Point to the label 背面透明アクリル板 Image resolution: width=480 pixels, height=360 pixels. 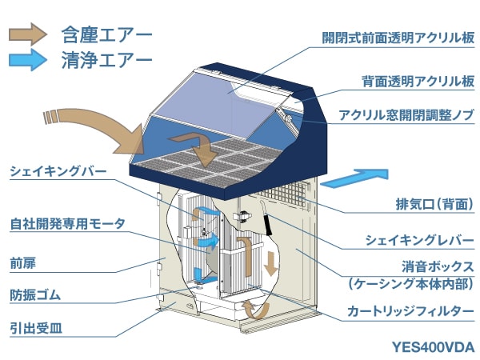418,82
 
